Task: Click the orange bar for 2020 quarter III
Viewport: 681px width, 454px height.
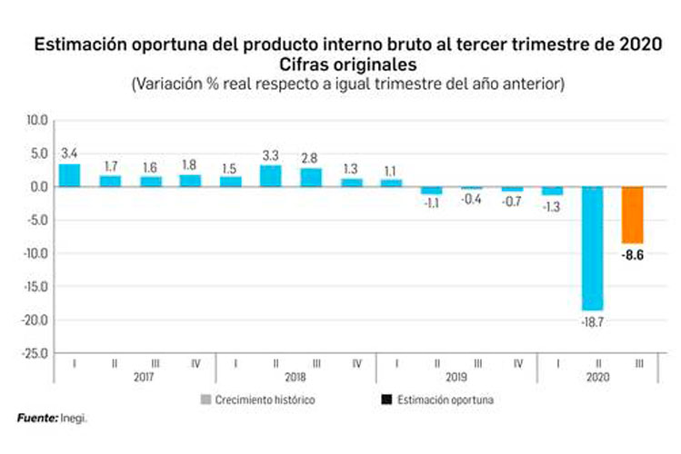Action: (632, 215)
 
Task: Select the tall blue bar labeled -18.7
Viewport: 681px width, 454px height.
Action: (592, 249)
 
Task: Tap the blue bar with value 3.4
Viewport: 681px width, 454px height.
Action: (70, 175)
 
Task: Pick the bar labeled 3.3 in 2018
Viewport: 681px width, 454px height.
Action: (270, 176)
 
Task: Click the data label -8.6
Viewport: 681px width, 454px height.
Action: (633, 256)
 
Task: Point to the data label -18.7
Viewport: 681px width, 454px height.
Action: (592, 322)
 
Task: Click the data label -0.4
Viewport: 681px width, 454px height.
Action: (471, 200)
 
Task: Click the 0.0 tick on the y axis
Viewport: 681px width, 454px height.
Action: (39, 187)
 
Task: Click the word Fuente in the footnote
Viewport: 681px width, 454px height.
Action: (36, 419)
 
